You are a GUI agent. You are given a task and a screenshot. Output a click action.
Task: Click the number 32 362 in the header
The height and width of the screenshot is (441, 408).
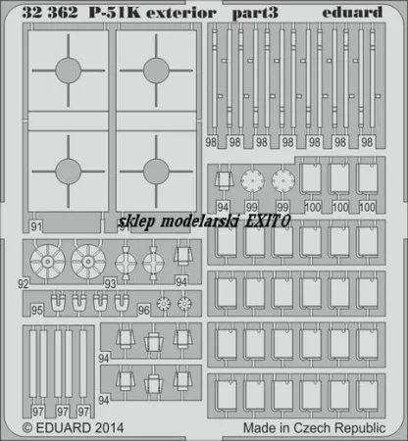[x=50, y=13]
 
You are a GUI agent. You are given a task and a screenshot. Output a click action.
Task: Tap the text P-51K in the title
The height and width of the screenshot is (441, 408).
[x=114, y=13]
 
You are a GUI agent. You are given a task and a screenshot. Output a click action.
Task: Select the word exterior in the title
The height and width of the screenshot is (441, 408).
[x=181, y=13]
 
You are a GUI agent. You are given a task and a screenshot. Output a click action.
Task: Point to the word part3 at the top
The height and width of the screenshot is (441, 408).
[x=255, y=14]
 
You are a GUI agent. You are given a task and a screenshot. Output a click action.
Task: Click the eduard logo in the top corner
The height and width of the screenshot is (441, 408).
[x=352, y=13]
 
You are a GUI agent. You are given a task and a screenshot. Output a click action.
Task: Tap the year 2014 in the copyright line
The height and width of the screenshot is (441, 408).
[x=108, y=427]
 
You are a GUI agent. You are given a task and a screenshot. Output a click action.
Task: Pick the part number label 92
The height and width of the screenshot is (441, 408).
[x=24, y=283]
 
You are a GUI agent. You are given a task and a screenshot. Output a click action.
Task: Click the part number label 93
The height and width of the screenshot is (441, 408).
[x=110, y=283]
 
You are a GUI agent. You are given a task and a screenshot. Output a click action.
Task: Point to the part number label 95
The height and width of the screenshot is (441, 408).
[x=37, y=310]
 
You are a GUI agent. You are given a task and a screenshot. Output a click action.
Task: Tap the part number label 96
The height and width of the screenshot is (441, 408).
[x=143, y=310]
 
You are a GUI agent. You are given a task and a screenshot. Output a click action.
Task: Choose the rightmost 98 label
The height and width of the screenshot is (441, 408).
[x=367, y=142]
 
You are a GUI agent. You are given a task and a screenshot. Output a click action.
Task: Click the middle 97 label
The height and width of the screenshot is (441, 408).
[x=63, y=412]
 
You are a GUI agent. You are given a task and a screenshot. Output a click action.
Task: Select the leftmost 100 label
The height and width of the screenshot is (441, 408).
[x=313, y=207]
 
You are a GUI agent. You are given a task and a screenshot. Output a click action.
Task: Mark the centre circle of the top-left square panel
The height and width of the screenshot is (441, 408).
[x=68, y=71]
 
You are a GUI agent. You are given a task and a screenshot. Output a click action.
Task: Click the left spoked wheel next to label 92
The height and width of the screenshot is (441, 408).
[x=48, y=262]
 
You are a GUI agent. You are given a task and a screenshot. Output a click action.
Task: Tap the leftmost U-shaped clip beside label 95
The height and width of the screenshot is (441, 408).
[x=58, y=303]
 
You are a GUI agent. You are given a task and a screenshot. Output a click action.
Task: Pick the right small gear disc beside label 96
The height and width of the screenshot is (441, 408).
[x=184, y=304]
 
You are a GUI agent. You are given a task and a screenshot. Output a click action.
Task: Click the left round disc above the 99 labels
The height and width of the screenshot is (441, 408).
[x=252, y=179]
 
